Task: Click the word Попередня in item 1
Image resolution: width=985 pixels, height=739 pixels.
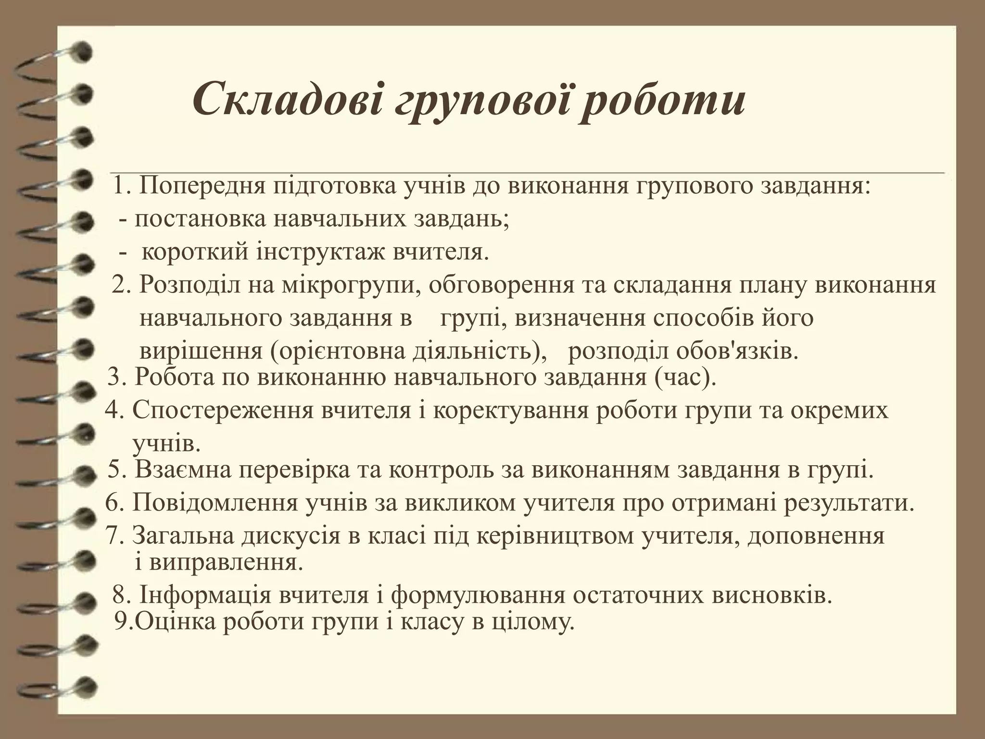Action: coord(202,187)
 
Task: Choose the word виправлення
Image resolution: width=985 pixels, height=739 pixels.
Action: coord(226,562)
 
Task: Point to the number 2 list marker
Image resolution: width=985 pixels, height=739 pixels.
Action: coord(119,285)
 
